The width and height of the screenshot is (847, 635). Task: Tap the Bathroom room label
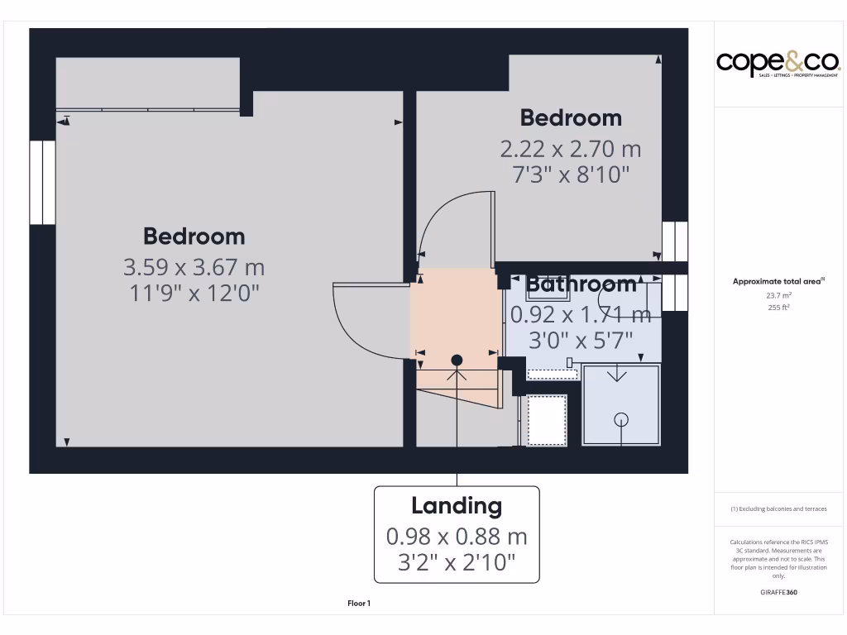(x=581, y=284)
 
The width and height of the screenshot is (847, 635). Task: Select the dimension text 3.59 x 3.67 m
(x=194, y=268)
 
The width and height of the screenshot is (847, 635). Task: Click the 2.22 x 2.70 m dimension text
(x=571, y=150)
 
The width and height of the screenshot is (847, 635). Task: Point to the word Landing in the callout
(x=457, y=505)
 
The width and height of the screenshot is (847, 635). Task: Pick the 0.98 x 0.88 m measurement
(x=457, y=537)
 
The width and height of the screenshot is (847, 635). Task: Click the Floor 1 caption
(x=359, y=604)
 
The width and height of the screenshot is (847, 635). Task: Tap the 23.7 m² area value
(x=778, y=295)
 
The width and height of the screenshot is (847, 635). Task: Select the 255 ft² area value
(x=778, y=308)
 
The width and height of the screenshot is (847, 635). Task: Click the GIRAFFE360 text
(x=778, y=592)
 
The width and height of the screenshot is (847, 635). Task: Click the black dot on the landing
(x=457, y=360)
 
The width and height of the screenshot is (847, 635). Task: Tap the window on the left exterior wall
(x=42, y=182)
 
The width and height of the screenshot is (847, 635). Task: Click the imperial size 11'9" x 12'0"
(x=194, y=294)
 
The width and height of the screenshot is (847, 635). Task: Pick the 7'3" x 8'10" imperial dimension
(x=571, y=174)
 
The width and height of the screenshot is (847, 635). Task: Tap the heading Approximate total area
(x=778, y=281)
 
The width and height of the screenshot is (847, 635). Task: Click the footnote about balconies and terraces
(x=778, y=509)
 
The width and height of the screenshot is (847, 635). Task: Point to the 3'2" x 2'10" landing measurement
(x=457, y=563)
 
